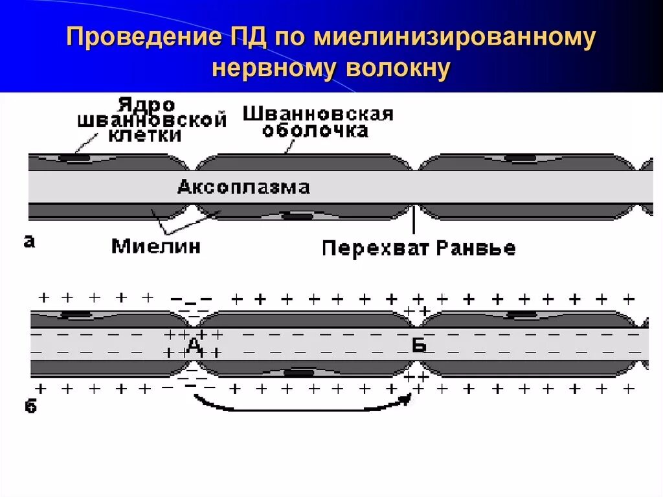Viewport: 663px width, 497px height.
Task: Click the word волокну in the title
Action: pyautogui.click(x=398, y=69)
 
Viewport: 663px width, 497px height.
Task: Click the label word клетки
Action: pyautogui.click(x=145, y=135)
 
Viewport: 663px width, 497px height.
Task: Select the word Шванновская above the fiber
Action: pyautogui.click(x=317, y=115)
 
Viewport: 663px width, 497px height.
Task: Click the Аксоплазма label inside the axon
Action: pyautogui.click(x=243, y=187)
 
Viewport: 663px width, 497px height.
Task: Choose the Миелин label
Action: pyautogui.click(x=156, y=246)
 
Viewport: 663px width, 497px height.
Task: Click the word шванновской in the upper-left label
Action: pyautogui.click(x=152, y=121)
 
